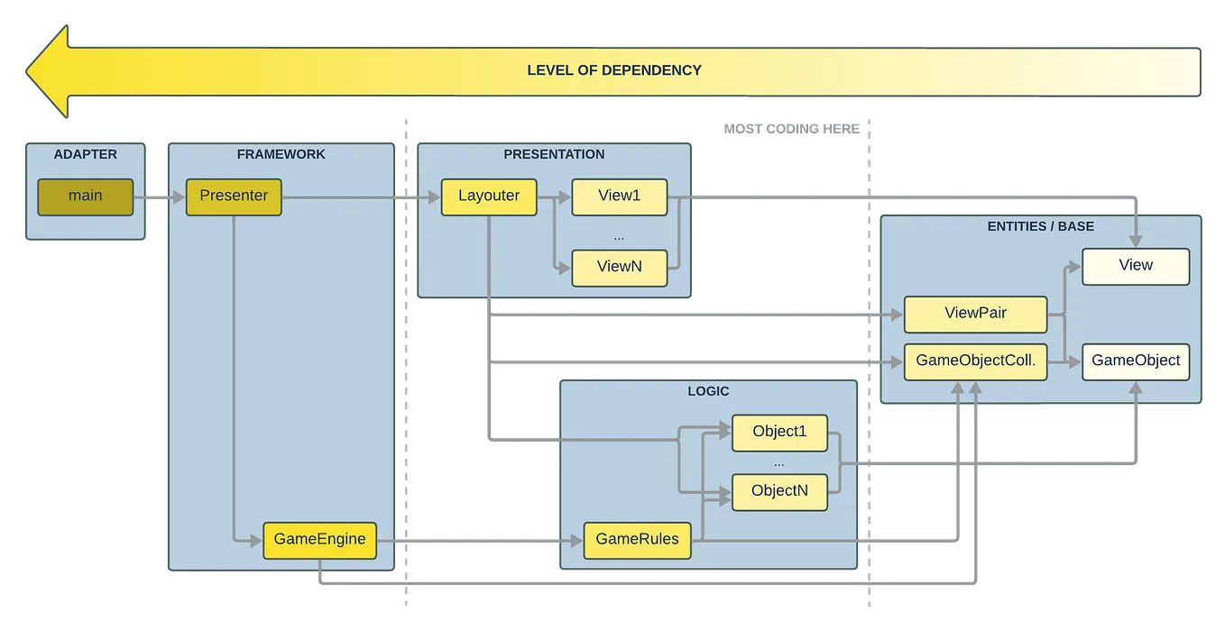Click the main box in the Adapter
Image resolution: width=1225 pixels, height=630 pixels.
point(85,196)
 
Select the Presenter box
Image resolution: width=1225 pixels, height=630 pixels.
point(234,196)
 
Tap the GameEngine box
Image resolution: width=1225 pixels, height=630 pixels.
point(319,540)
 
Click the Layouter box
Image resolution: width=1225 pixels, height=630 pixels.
point(488,196)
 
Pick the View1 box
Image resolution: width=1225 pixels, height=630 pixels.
point(619,196)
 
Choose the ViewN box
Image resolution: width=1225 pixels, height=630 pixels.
point(619,267)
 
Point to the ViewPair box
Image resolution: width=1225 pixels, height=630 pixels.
point(975,314)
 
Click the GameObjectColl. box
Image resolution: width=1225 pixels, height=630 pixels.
point(975,361)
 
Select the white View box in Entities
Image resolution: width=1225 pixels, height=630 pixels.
point(1135,266)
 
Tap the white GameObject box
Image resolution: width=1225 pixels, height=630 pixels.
point(1135,361)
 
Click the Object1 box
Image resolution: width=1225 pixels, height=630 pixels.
point(779,432)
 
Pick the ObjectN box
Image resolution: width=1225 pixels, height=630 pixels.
point(779,491)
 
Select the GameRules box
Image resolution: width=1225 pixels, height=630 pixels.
point(637,540)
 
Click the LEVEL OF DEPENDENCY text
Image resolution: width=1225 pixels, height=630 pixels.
point(613,70)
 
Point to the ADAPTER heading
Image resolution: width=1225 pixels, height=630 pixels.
point(85,154)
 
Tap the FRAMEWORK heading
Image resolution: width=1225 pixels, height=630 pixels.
point(281,154)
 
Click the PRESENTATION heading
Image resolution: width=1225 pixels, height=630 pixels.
point(554,154)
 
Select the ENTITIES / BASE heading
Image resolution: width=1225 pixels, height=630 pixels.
point(1040,226)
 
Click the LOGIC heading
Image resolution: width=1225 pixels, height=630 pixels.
point(707,391)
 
